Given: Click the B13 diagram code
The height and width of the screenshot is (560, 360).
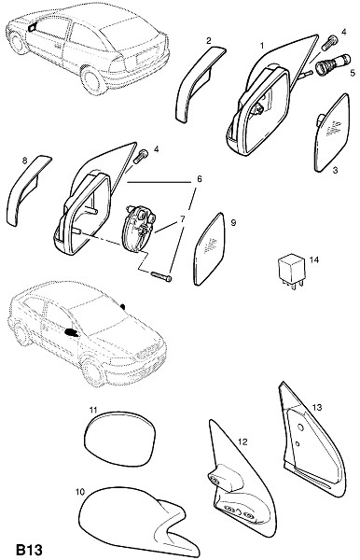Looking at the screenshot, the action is [30, 550].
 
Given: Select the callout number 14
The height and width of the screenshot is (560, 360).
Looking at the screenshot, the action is [314, 259].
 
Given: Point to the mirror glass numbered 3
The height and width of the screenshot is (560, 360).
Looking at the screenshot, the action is [332, 133].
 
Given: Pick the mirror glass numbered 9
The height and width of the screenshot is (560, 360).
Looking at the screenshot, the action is [210, 249].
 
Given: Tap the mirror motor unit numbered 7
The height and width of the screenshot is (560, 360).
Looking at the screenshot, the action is [139, 228].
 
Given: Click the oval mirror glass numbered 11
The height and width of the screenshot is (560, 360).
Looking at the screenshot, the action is [120, 439].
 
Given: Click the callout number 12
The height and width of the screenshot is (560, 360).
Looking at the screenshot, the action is [242, 442].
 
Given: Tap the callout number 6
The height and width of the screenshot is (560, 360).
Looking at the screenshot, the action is [199, 178].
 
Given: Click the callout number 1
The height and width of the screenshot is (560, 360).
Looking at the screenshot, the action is [262, 46].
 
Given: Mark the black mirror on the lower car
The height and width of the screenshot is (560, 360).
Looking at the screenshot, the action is [72, 333].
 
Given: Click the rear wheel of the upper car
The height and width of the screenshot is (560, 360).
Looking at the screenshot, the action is [92, 80].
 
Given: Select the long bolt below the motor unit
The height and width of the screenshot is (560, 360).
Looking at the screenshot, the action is [161, 276].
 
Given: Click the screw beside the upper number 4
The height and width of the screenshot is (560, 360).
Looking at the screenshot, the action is [328, 43].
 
